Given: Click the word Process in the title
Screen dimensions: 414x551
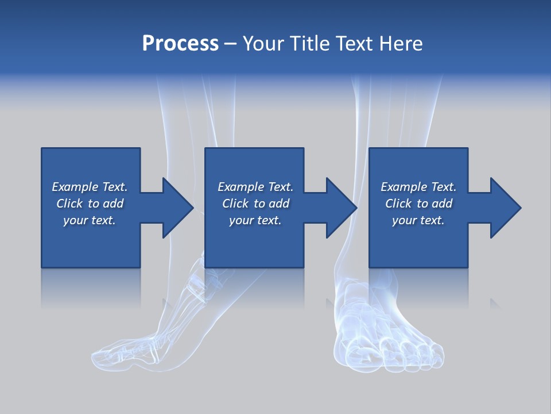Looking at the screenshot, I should (x=180, y=44).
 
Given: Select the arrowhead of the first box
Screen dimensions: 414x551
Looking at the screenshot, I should (x=175, y=208).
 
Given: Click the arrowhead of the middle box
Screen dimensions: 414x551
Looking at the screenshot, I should (x=339, y=208).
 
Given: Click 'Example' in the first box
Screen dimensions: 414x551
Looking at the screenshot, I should (x=75, y=187).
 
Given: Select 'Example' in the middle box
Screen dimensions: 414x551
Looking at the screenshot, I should (x=240, y=187).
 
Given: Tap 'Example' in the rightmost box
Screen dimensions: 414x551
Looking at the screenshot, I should (x=403, y=187).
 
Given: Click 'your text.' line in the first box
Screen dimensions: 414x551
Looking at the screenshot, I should (x=90, y=220).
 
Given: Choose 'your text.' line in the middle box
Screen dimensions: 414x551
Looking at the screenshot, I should (x=255, y=220).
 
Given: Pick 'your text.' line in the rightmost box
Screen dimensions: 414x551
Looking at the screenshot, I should (x=418, y=220).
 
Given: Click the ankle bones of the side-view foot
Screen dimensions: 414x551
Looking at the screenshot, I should (x=195, y=282).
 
